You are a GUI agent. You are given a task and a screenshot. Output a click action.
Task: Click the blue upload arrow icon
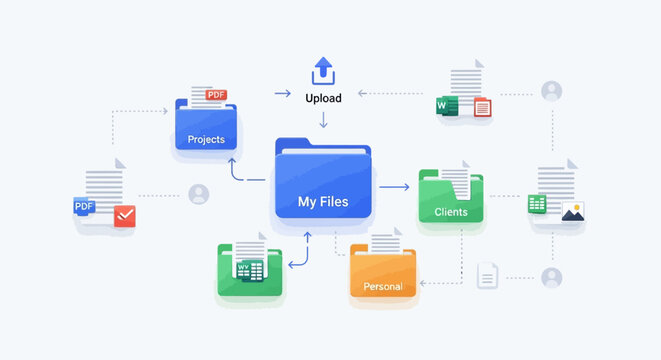[x=323, y=71]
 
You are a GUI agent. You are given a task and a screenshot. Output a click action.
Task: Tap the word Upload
[x=323, y=98]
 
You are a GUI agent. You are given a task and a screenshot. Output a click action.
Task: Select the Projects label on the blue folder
[x=205, y=139]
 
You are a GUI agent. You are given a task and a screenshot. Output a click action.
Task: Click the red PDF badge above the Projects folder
[x=216, y=95]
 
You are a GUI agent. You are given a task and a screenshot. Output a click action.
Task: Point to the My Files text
[x=323, y=202]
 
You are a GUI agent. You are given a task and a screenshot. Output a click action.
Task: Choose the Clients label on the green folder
[x=451, y=212]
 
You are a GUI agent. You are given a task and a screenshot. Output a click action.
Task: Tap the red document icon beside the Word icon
[x=481, y=108]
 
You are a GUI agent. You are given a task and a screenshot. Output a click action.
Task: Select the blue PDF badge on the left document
[x=84, y=207]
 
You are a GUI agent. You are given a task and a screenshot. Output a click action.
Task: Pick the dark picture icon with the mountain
[x=572, y=211]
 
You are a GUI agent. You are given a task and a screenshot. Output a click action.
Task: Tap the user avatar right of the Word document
[x=551, y=91]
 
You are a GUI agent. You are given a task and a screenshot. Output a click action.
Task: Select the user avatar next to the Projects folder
[x=199, y=194]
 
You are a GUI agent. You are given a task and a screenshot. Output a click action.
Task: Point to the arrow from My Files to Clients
[x=396, y=187]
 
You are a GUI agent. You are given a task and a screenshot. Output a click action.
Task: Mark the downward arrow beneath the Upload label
[x=323, y=122]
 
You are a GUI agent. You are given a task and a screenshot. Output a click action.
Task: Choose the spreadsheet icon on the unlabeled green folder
[x=249, y=269]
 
